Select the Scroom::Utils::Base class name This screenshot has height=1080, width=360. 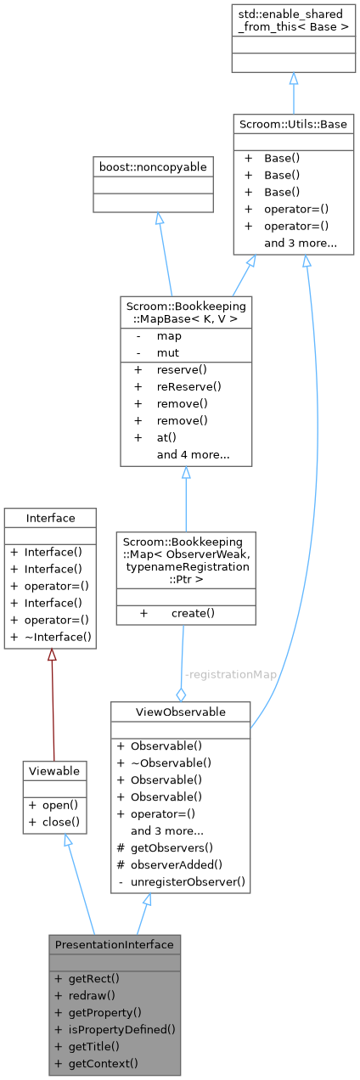293,124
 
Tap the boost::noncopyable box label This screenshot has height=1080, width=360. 153,167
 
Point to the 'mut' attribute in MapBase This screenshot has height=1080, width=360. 168,351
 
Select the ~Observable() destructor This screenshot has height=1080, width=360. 170,763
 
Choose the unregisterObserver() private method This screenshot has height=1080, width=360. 188,882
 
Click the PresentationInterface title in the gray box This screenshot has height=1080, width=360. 114,944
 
